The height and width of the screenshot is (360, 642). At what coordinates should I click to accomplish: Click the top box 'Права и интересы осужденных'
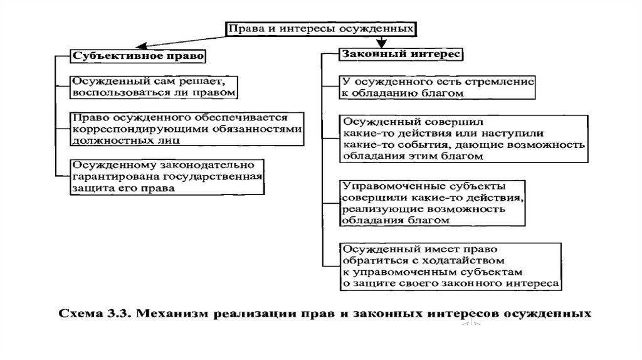pyautogui.click(x=320, y=29)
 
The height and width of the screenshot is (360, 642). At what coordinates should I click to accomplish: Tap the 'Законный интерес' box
pyautogui.click(x=401, y=55)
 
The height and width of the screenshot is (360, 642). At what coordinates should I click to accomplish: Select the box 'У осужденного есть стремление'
pyautogui.click(x=438, y=87)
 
